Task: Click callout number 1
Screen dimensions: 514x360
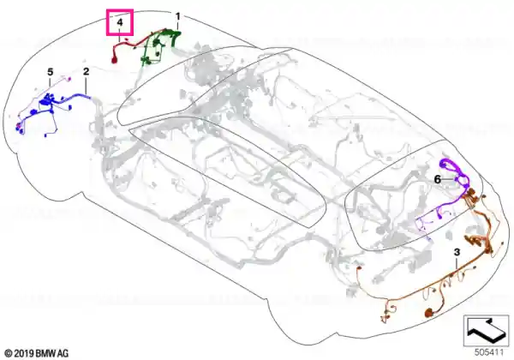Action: click(x=177, y=15)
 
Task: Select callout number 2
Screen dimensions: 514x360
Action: click(x=86, y=71)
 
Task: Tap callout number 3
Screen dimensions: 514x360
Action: click(x=457, y=252)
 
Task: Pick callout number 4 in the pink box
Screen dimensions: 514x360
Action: click(x=120, y=22)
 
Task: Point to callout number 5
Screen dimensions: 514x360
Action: click(x=50, y=72)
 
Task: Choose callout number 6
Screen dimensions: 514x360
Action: click(x=437, y=179)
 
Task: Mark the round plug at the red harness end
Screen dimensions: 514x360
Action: click(x=115, y=60)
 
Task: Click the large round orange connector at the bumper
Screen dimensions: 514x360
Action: click(x=429, y=313)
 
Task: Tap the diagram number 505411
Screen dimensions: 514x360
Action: click(x=489, y=352)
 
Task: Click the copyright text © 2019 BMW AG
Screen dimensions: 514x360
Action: click(x=37, y=353)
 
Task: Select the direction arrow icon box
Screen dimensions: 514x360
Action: click(x=486, y=330)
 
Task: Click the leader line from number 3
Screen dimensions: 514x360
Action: click(x=457, y=264)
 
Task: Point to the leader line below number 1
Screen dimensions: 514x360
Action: click(x=177, y=25)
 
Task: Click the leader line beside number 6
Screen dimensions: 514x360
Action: click(x=449, y=179)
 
